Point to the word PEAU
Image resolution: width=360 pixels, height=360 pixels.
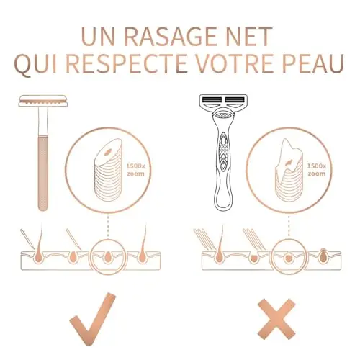(x=314, y=63)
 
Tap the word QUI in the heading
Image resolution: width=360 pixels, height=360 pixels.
(x=35, y=64)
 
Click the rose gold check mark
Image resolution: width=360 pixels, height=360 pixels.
(x=93, y=318)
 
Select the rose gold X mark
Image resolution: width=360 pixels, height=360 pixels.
(x=276, y=319)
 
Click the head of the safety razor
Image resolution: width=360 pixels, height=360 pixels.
(x=43, y=101)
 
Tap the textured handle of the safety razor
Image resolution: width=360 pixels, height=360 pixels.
(x=43, y=174)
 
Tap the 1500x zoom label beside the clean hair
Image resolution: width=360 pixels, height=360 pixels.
(x=136, y=170)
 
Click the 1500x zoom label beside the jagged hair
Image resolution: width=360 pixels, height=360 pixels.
(x=317, y=170)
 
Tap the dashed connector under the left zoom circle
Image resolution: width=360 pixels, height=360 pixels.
(x=108, y=226)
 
